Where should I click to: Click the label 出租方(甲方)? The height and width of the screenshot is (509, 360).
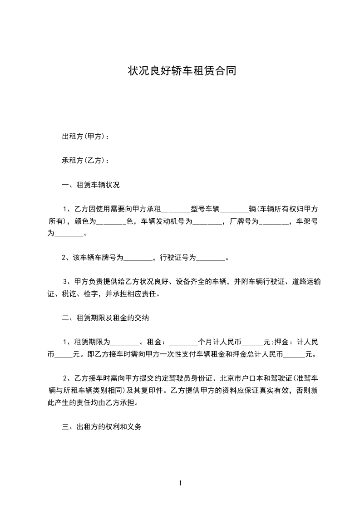(84, 137)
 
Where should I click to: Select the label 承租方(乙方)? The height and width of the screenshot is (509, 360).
(84, 161)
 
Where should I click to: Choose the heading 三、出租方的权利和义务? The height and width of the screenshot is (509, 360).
(102, 427)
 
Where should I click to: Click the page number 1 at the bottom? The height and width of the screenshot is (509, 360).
(180, 484)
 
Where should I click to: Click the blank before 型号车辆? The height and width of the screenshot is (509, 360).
(176, 210)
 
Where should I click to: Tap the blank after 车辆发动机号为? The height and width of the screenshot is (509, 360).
(207, 222)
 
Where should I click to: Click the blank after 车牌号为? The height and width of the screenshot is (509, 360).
(138, 259)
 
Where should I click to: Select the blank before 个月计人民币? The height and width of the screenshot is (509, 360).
(183, 343)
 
